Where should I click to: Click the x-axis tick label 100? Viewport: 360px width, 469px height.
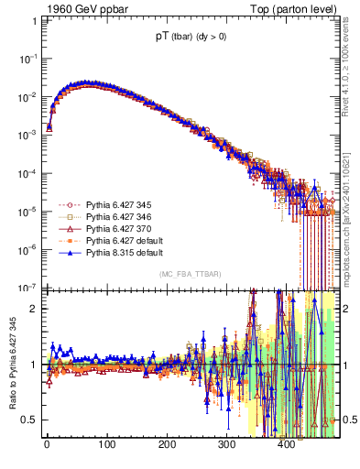tap(106, 444)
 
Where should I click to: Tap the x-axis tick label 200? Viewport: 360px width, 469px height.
tap(167, 444)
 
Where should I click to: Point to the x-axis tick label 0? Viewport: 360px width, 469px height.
tap(47, 444)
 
